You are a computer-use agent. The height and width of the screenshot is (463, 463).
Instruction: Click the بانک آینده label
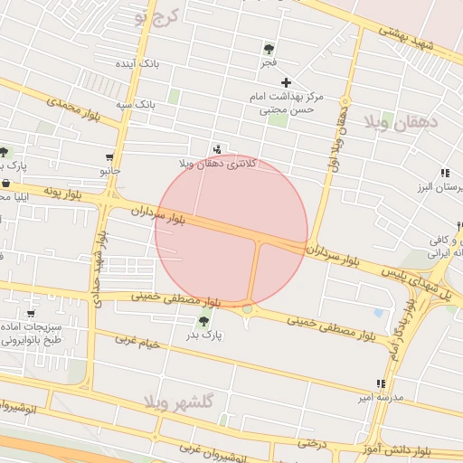pos(137,65)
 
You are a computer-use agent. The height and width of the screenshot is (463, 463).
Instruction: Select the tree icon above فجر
pos(269,49)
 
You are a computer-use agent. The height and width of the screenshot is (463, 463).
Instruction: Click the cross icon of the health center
pos(286,82)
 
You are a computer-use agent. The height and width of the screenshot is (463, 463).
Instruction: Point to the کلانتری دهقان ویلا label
pos(218,163)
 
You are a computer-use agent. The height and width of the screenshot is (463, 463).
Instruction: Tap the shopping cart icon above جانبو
pos(110,156)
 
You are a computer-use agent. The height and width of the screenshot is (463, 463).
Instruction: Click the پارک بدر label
pos(205,335)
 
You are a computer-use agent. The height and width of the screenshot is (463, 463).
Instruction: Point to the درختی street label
pos(311,443)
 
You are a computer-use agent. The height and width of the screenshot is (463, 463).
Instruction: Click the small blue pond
pos(377,313)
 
